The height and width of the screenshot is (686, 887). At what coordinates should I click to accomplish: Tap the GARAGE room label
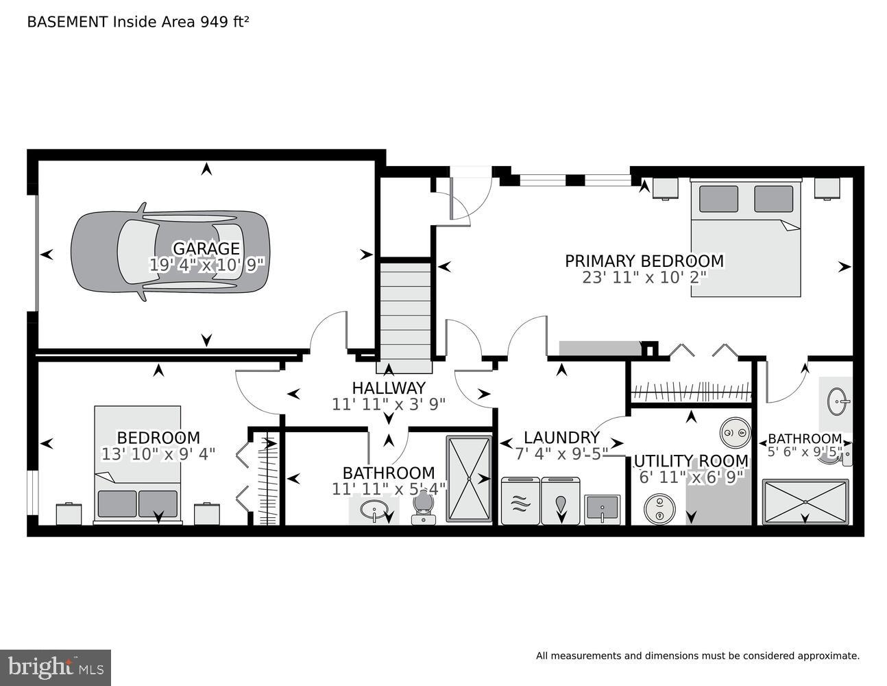pos(206,248)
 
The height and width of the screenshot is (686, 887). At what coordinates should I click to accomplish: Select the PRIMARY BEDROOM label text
pos(644,261)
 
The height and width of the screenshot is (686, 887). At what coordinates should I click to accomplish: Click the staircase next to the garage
pos(405,309)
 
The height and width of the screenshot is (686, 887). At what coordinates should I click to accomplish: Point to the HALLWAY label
pos(389,388)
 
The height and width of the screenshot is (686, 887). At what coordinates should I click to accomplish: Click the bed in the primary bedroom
pos(745,237)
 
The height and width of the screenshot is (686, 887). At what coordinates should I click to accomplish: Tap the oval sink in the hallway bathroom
pos(374,510)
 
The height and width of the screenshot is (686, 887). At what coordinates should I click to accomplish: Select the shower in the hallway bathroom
pos(469,478)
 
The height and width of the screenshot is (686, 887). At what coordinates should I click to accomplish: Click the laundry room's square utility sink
pos(602,509)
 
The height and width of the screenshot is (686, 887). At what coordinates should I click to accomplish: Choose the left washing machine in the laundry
pos(520,501)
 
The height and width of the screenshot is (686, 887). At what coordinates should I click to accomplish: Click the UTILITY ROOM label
pos(691,461)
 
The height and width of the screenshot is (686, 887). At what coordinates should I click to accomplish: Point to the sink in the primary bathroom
pos(836,401)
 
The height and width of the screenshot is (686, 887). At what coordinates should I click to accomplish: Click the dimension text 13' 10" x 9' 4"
pos(158,453)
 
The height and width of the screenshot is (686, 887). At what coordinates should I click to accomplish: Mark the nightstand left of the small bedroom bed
pos(69,514)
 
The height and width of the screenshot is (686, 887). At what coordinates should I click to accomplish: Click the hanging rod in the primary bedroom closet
pos(690,393)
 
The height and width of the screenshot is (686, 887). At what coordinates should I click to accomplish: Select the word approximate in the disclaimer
pos(827,656)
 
